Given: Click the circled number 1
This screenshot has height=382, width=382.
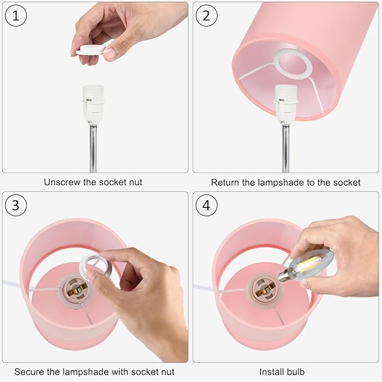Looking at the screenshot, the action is (16, 16).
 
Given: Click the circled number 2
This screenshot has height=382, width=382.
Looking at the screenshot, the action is (206, 16).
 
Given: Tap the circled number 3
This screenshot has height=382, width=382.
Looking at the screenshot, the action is (16, 205).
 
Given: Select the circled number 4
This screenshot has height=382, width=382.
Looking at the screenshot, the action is (206, 205).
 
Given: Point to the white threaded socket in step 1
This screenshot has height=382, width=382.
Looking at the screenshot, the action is (93, 104).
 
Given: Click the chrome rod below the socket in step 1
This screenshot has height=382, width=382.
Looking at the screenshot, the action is (93, 148).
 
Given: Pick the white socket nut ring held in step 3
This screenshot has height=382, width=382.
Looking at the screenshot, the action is (96, 266).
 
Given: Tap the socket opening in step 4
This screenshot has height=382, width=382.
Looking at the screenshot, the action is (264, 290).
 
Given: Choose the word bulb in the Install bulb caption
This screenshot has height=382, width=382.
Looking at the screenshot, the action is (295, 372).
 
